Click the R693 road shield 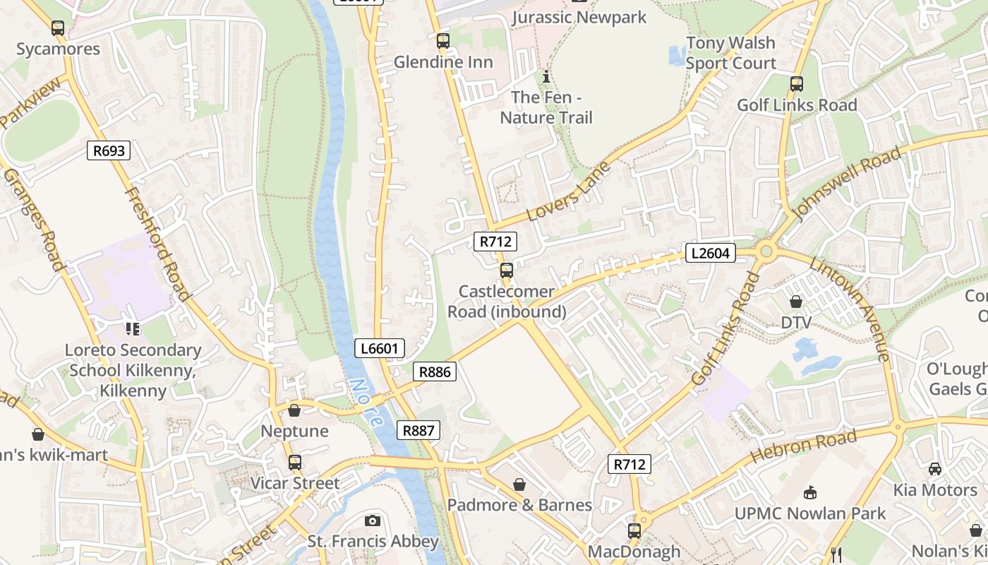[x=109, y=150]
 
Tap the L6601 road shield [x=380, y=347]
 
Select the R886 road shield [x=434, y=371]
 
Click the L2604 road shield [x=710, y=253]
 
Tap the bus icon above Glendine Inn [x=442, y=41]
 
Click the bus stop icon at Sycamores [x=58, y=28]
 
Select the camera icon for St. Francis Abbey [x=373, y=521]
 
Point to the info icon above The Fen [x=545, y=76]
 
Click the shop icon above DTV [x=796, y=302]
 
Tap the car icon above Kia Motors [x=934, y=468]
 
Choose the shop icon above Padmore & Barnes [x=519, y=484]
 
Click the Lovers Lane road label [x=568, y=191]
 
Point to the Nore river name [x=366, y=403]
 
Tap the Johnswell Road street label [x=847, y=184]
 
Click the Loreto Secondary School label [x=133, y=370]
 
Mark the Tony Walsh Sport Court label [x=730, y=53]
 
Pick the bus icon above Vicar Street [x=294, y=463]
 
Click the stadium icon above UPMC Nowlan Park [x=809, y=492]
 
